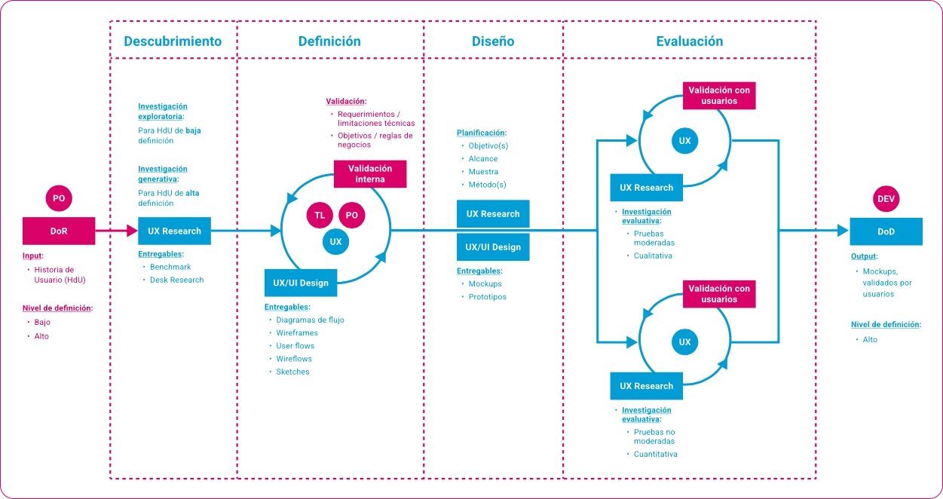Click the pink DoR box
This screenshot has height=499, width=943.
(59, 231)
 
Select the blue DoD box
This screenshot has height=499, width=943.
(886, 231)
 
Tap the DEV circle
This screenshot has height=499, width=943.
(886, 199)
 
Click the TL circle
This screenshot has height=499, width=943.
(320, 215)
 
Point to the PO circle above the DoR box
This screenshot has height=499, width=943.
(59, 198)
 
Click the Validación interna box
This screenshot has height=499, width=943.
(370, 173)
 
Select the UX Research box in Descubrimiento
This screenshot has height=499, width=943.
(174, 231)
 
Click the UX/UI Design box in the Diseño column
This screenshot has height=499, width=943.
(493, 247)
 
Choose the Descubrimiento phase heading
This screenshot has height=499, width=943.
(173, 41)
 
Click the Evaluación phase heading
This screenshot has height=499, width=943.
(690, 41)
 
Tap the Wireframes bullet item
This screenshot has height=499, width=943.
(297, 332)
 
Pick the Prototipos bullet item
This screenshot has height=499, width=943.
(487, 297)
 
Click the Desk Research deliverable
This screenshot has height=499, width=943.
(177, 280)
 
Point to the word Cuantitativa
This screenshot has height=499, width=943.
(656, 454)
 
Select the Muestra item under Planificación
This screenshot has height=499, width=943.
(483, 172)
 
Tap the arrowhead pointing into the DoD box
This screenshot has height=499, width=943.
(843, 231)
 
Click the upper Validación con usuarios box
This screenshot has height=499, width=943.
(719, 96)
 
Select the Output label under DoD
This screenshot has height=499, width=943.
(864, 256)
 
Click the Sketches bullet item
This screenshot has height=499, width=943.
(292, 372)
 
